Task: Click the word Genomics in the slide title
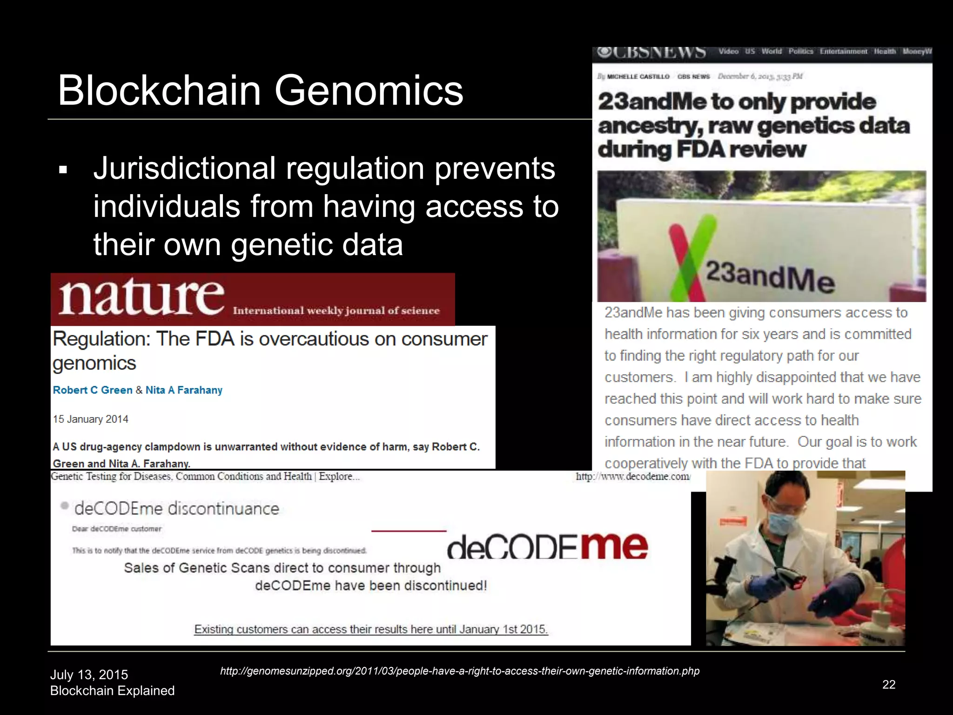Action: pyautogui.click(x=369, y=91)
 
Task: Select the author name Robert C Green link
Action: pyautogui.click(x=93, y=390)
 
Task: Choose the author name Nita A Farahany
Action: pyautogui.click(x=184, y=390)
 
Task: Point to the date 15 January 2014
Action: pyautogui.click(x=90, y=419)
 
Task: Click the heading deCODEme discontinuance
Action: pyautogui.click(x=176, y=508)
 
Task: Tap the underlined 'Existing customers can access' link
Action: pyautogui.click(x=371, y=629)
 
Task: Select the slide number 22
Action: pyautogui.click(x=889, y=684)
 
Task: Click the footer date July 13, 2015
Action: pyautogui.click(x=89, y=675)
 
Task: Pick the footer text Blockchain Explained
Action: pyautogui.click(x=112, y=691)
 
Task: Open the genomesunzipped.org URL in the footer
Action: pyautogui.click(x=459, y=671)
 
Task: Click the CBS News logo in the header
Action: pyautogui.click(x=651, y=53)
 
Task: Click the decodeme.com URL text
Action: pyautogui.click(x=633, y=476)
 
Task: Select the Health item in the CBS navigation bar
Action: pyautogui.click(x=885, y=51)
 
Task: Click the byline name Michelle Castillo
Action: pyautogui.click(x=638, y=76)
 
